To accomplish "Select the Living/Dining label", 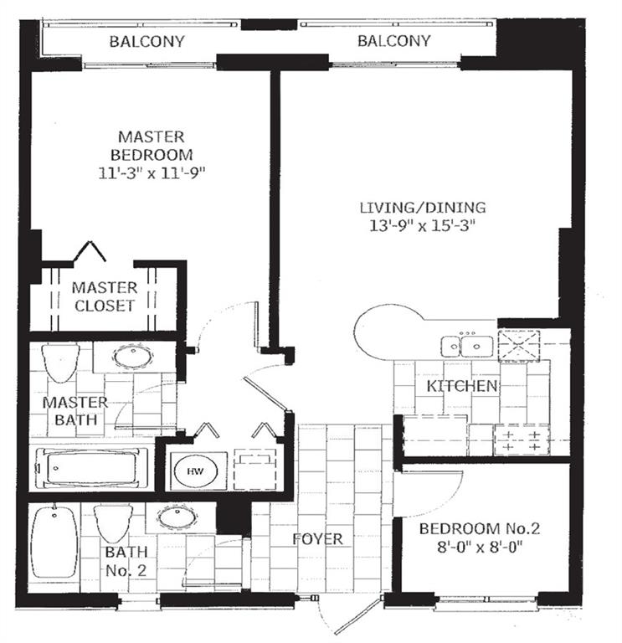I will (423, 208).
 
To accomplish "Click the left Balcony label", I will (148, 41).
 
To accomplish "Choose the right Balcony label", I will (393, 41).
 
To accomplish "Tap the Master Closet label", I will (104, 296).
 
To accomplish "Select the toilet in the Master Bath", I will (60, 362).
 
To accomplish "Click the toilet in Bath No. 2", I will (111, 523).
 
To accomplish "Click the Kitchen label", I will (463, 386).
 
